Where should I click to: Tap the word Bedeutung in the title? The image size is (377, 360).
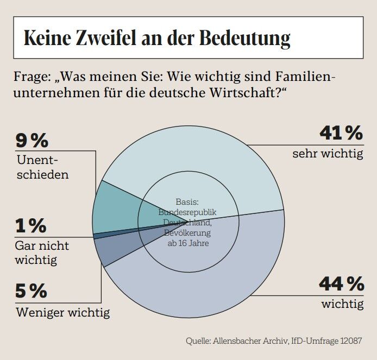click(244, 37)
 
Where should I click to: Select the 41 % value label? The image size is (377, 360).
click(341, 133)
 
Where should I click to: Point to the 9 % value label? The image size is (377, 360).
click(32, 141)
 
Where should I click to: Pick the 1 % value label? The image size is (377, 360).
click(30, 226)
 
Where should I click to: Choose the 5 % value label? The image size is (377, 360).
click(31, 292)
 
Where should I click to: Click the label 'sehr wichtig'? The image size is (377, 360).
click(327, 154)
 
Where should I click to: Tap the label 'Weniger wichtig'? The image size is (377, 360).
click(62, 313)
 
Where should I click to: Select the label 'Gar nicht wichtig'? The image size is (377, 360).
click(42, 252)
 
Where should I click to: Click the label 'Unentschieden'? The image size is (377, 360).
click(43, 168)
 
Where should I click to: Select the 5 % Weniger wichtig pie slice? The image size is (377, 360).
click(114, 250)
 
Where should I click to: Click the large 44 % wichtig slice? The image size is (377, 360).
click(217, 277)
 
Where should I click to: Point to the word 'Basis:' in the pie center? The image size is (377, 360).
click(187, 201)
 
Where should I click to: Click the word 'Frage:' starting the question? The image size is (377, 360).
click(32, 75)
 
